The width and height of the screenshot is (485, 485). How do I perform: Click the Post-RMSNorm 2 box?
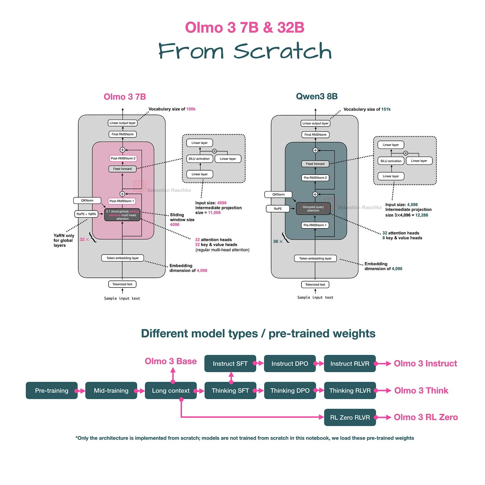[x=123, y=158]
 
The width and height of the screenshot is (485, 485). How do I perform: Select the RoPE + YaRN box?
[x=86, y=214]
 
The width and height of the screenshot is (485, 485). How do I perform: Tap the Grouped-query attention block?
[x=313, y=209]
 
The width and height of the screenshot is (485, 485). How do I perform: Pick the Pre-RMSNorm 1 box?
[x=315, y=225]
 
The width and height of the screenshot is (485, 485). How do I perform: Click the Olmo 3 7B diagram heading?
[x=125, y=97]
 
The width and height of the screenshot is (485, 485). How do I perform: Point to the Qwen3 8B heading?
[x=317, y=96]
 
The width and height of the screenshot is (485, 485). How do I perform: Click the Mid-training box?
[x=111, y=390]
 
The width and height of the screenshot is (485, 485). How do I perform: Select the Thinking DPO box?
[x=290, y=390]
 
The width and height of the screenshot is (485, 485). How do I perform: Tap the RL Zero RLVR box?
[x=350, y=417]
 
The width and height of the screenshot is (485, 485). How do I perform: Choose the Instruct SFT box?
[x=230, y=363]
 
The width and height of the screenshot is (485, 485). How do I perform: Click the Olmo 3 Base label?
[x=171, y=361]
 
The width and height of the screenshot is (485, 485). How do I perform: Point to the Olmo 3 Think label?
[x=421, y=390]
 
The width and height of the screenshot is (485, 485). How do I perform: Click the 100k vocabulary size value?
[x=191, y=109]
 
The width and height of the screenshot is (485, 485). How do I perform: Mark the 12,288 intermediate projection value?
[x=422, y=215]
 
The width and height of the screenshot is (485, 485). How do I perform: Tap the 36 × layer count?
[x=278, y=242]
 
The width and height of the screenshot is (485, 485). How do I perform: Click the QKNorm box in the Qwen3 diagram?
[x=278, y=195]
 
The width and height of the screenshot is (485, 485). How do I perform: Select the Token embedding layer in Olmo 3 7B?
[x=123, y=258]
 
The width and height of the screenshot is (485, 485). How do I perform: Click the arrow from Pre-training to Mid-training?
[x=81, y=391]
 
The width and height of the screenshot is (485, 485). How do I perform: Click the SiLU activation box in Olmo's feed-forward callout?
[x=199, y=159]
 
